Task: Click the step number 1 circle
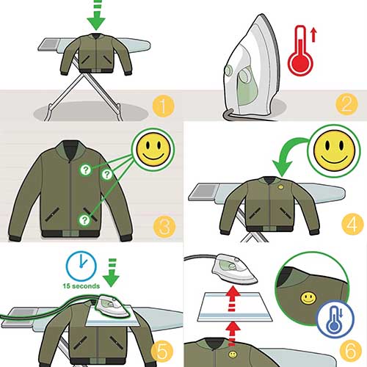pos(163,106)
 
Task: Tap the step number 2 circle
pos(346,104)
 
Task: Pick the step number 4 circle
pos(352,224)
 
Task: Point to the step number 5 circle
pos(162,352)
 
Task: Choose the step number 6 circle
pos(351,351)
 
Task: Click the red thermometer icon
pos(300,50)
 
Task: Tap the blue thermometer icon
pos(335,319)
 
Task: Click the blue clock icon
pos(81,266)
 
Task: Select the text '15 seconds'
pos(81,286)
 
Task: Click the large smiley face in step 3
pos(153,150)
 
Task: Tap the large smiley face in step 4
pos(334,151)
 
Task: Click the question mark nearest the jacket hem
pos(84,220)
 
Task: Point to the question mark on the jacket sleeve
pos(106,175)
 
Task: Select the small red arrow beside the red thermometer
pos(313,35)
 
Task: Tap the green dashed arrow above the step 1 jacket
pos(96,16)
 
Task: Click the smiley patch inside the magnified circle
pos(308,298)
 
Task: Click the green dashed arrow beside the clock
pos(112,272)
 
